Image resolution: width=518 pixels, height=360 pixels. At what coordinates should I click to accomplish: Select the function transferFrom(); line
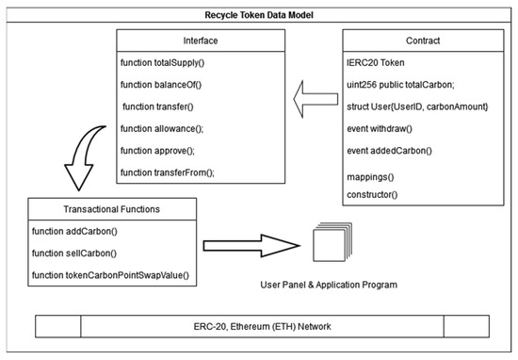tap(168, 172)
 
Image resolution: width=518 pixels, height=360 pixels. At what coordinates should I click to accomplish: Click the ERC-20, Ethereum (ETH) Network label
tap(261, 326)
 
